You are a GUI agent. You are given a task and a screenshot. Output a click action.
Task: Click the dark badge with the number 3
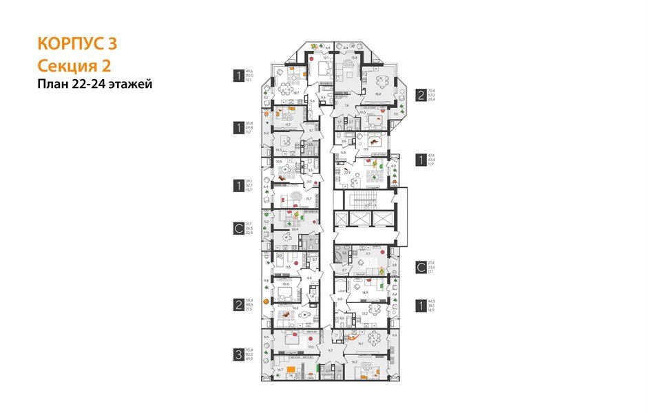(238, 355)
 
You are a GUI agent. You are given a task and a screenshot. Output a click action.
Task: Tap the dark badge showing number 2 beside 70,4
(419, 95)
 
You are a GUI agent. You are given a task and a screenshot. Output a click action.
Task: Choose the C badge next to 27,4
(419, 267)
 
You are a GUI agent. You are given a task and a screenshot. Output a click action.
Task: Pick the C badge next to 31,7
(238, 228)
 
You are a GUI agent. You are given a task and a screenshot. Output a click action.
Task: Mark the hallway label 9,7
(330, 351)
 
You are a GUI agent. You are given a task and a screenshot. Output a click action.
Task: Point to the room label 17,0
(311, 347)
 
